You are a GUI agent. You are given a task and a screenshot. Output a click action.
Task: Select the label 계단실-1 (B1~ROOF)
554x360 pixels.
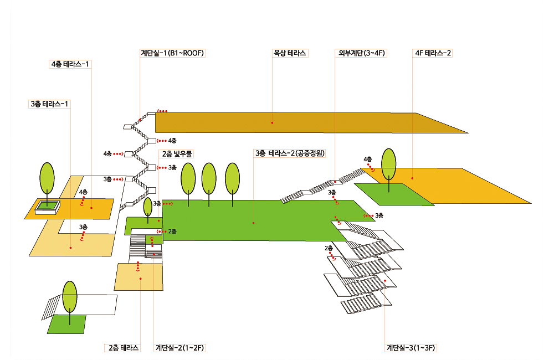click(x=173, y=53)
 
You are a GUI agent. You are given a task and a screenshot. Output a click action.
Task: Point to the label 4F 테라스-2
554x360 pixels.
click(x=433, y=53)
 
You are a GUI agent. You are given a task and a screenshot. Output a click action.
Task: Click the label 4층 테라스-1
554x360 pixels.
click(x=70, y=64)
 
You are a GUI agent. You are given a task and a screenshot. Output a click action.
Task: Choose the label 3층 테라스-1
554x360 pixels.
click(x=50, y=104)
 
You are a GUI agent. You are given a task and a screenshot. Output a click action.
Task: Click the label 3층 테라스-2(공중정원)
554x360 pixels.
click(x=289, y=153)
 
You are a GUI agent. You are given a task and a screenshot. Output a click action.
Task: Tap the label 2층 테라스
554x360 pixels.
click(x=122, y=348)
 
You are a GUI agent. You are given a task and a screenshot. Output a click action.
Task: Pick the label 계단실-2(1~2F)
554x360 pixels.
click(x=180, y=348)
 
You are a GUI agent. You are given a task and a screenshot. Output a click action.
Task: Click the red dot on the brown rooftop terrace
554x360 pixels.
click(x=272, y=122)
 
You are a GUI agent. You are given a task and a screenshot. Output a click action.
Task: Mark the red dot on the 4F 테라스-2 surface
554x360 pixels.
click(x=412, y=178)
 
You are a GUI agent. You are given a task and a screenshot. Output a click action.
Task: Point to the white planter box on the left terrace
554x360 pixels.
click(x=47, y=208)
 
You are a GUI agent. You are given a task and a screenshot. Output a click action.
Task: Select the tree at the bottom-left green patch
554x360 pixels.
click(x=70, y=299)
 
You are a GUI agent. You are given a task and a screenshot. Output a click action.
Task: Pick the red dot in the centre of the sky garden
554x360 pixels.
click(x=253, y=223)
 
